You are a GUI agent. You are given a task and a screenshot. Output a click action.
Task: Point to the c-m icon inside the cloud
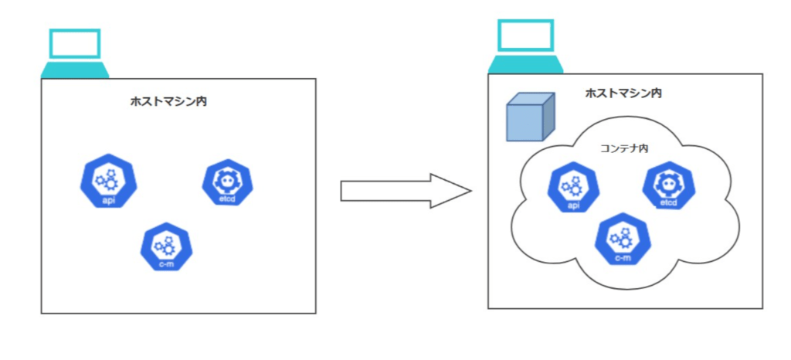623,239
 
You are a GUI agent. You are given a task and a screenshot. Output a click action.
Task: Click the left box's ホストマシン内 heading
178,100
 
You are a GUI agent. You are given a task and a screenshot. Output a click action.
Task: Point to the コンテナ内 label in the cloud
623,148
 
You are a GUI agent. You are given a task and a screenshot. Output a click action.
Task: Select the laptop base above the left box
75,70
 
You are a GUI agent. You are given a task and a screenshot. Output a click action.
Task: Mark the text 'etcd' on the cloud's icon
668,203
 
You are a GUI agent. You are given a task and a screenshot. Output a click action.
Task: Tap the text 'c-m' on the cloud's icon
623,256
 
